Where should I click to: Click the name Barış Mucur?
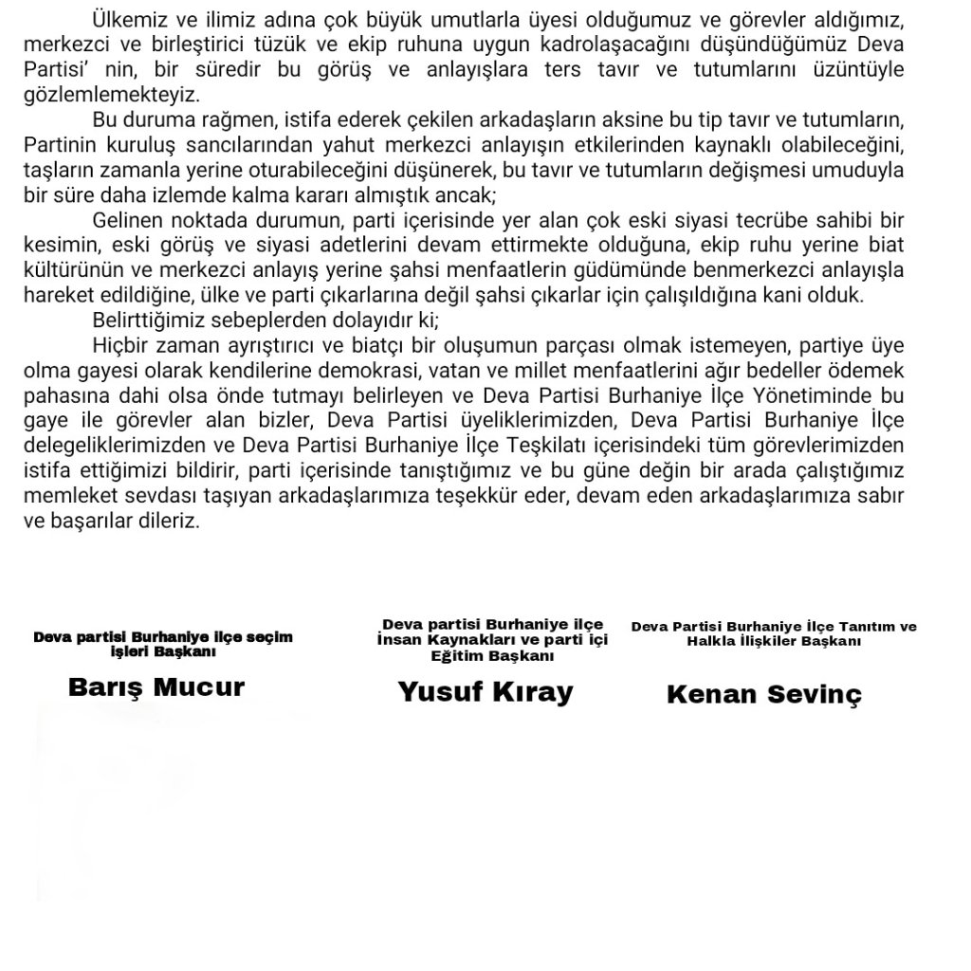tap(156, 687)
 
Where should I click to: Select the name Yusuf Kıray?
tap(485, 692)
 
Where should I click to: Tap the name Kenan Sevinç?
tap(764, 694)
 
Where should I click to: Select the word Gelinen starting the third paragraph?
tap(130, 221)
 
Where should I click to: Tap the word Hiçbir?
tap(120, 343)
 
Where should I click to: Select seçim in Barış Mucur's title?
tap(269, 637)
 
